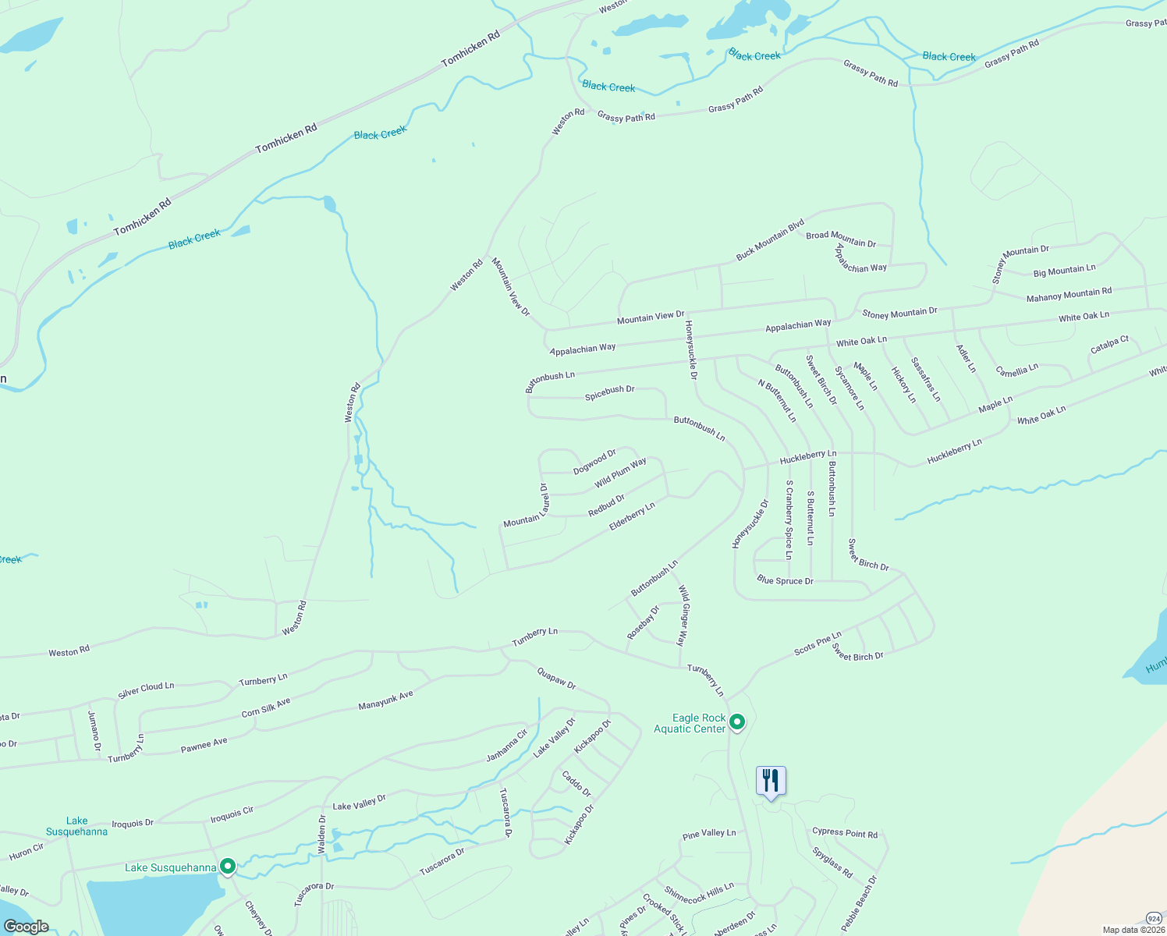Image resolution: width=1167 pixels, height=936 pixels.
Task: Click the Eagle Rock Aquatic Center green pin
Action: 737,722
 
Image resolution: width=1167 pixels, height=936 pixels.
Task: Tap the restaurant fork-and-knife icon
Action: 771,780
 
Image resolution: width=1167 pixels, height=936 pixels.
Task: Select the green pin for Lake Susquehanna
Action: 228,867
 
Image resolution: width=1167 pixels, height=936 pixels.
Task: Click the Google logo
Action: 27,927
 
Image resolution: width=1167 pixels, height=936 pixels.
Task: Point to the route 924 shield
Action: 1154,918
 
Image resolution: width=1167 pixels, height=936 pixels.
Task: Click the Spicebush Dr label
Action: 610,393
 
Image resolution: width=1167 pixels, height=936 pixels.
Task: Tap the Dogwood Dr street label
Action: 594,462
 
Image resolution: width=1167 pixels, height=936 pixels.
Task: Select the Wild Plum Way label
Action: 620,473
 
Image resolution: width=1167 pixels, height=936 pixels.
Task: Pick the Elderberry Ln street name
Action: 632,517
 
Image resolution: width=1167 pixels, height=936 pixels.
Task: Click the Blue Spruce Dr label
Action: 785,581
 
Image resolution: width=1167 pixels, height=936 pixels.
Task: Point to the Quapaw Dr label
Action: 556,679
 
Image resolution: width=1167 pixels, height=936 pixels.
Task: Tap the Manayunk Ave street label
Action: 385,700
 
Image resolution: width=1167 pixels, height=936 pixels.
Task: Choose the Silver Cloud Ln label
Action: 146,690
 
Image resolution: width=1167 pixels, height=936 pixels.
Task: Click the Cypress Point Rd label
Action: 845,833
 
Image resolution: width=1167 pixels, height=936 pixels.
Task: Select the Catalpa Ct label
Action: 1109,344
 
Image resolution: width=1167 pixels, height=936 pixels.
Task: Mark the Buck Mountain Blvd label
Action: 770,240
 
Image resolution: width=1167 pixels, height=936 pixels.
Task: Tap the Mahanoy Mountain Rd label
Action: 1069,294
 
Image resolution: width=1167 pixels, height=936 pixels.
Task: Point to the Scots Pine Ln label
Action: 818,643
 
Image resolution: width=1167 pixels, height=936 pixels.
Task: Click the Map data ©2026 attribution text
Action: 1133,930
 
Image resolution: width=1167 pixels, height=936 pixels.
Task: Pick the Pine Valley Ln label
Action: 709,834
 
